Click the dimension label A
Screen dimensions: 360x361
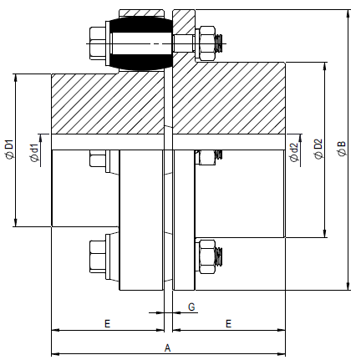click(x=167, y=346)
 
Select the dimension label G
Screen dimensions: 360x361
click(x=191, y=307)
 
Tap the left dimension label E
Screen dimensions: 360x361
click(x=107, y=322)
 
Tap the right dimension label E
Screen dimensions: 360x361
click(x=228, y=322)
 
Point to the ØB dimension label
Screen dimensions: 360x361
click(x=341, y=150)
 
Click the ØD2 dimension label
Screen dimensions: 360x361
click(x=318, y=150)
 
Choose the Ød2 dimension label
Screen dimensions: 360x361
click(x=294, y=152)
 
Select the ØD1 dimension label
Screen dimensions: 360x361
click(x=9, y=149)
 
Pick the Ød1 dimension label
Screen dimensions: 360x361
click(x=33, y=153)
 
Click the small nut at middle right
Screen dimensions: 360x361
click(x=205, y=158)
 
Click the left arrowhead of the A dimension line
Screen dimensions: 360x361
click(x=56, y=352)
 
